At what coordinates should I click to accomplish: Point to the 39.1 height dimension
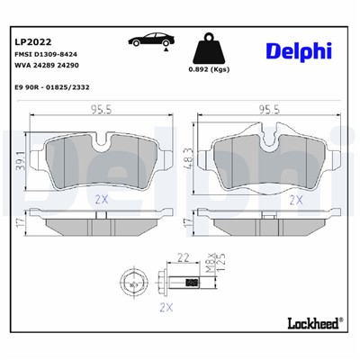pos(17,157)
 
